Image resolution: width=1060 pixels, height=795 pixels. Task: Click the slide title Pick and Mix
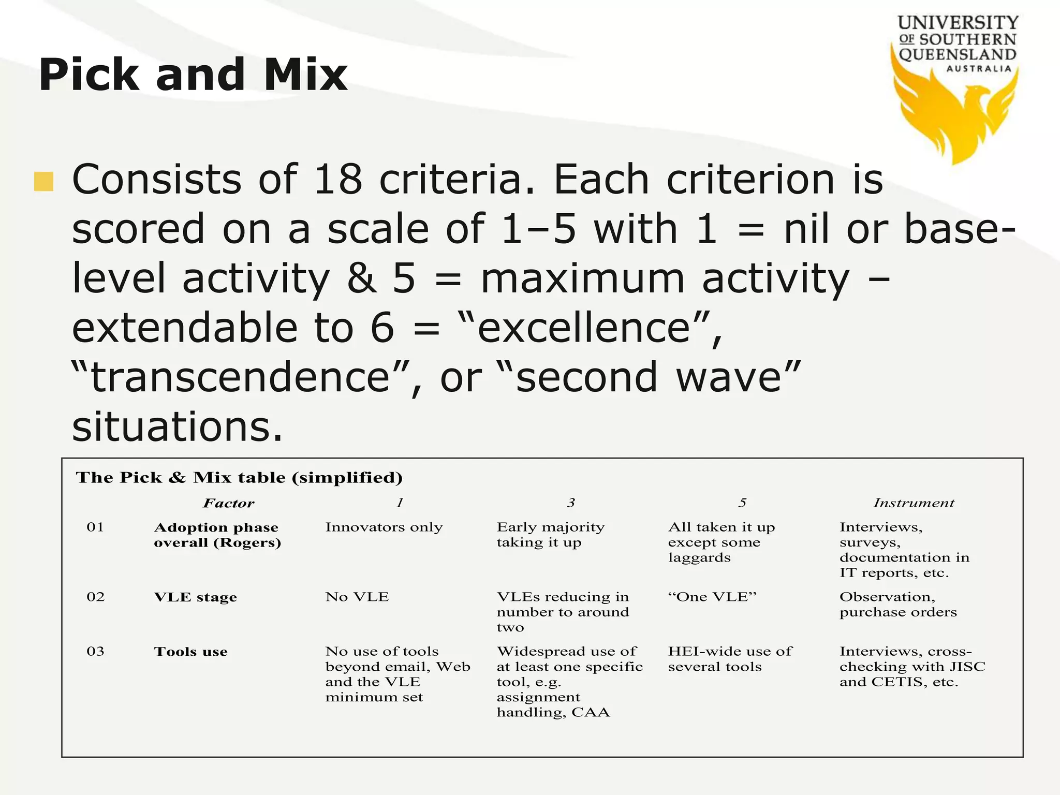pyautogui.click(x=193, y=75)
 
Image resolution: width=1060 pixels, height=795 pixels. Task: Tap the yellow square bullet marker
pyautogui.click(x=44, y=182)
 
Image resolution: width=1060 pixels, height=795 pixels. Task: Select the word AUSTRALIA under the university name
pyautogui.click(x=979, y=69)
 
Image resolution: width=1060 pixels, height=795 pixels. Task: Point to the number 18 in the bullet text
pyautogui.click(x=337, y=179)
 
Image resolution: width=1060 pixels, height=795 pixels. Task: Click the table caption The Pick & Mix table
pyautogui.click(x=239, y=477)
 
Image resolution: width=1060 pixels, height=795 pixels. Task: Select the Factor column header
pyautogui.click(x=228, y=503)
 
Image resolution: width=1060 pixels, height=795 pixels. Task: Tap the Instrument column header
pyautogui.click(x=914, y=503)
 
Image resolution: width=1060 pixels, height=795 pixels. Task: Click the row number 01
pyautogui.click(x=95, y=527)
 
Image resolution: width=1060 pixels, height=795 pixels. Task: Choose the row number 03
pyautogui.click(x=95, y=651)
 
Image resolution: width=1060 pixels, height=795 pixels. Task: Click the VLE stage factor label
pyautogui.click(x=195, y=597)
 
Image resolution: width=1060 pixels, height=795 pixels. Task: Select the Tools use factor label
pyautogui.click(x=190, y=652)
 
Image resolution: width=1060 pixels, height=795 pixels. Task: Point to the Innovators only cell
pyautogui.click(x=384, y=527)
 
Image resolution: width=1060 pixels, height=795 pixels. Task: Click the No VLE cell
pyautogui.click(x=357, y=597)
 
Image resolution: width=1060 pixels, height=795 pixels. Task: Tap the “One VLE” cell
pyautogui.click(x=712, y=597)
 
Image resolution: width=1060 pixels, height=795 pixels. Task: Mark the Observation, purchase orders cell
pyautogui.click(x=897, y=605)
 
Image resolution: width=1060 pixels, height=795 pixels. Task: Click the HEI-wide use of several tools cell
pyautogui.click(x=729, y=659)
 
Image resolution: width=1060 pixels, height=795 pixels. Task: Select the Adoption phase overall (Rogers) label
pyautogui.click(x=217, y=535)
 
